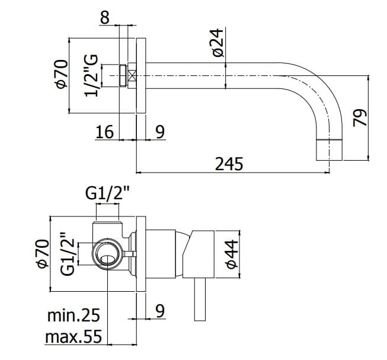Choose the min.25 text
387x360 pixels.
(73, 315)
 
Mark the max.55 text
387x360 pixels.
(73, 337)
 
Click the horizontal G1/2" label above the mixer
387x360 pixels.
(107, 193)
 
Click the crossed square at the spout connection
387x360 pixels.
(132, 76)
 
